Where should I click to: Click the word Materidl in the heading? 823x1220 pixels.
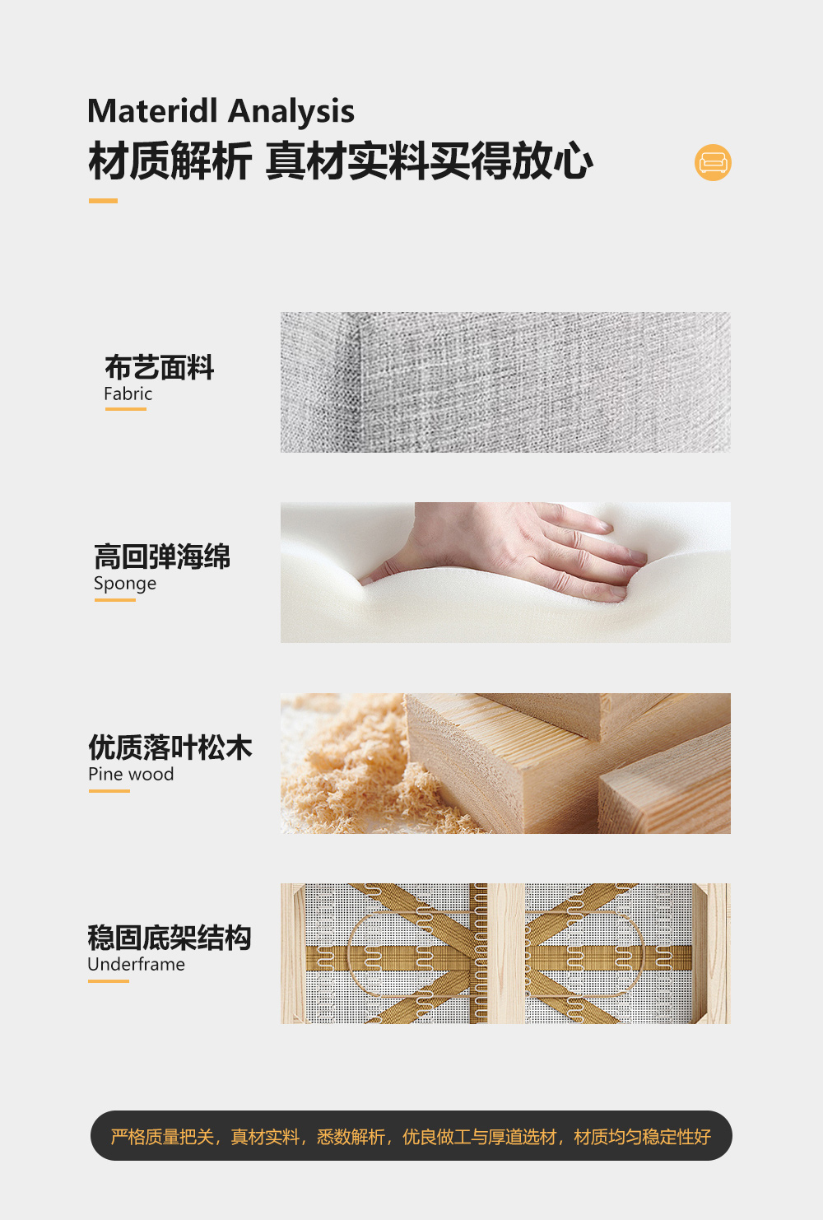click(152, 111)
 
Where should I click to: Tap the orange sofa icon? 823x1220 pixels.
click(713, 162)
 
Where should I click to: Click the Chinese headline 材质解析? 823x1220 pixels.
click(170, 161)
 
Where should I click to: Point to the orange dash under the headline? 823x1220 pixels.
click(103, 201)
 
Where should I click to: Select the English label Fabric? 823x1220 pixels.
click(128, 393)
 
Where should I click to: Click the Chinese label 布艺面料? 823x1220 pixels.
click(159, 367)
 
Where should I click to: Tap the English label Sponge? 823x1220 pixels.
click(125, 584)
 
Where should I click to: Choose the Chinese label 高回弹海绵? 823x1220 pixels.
click(162, 556)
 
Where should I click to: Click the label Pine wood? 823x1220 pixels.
click(131, 774)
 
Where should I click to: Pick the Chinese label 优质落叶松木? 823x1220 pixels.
click(170, 747)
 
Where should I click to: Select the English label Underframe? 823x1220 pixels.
click(136, 964)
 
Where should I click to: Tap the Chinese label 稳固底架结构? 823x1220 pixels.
click(170, 938)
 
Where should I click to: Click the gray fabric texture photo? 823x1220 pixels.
click(505, 382)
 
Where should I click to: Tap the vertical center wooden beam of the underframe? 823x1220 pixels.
click(505, 953)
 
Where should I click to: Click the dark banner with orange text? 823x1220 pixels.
click(411, 1135)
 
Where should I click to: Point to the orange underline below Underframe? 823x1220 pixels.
click(109, 981)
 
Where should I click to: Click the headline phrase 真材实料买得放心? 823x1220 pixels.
click(430, 161)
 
